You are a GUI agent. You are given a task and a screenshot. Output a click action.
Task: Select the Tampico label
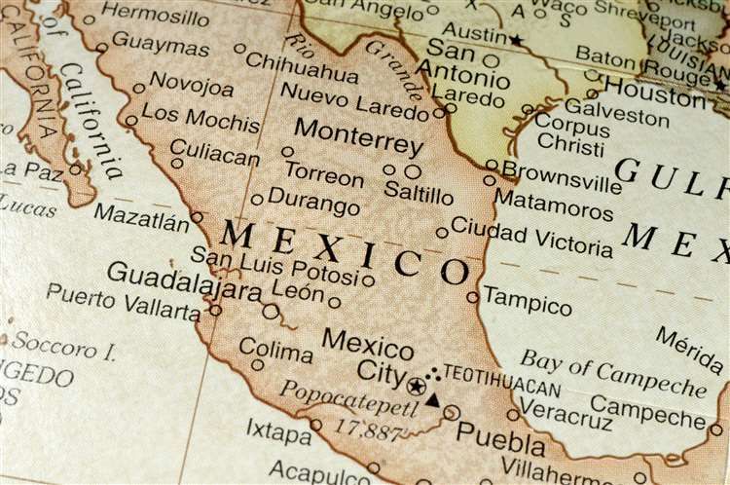[528, 300]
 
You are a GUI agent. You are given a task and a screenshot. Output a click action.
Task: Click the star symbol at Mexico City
[417, 387]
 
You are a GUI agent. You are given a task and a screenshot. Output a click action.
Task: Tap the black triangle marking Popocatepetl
[432, 399]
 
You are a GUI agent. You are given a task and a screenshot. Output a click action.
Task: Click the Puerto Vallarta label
[123, 301]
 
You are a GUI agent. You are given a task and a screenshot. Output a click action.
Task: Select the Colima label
[275, 349]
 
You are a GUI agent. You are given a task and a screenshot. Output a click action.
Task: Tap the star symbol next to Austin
[516, 40]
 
